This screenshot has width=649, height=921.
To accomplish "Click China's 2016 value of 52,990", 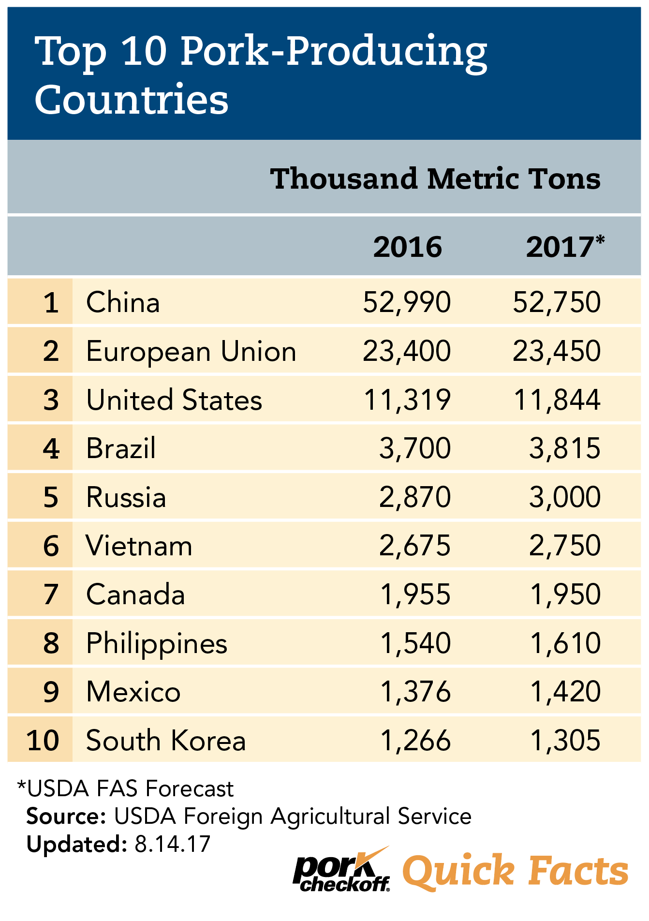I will pyautogui.click(x=407, y=302).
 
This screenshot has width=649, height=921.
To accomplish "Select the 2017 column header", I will pyautogui.click(x=564, y=247).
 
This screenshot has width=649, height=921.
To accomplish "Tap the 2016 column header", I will pyautogui.click(x=407, y=247).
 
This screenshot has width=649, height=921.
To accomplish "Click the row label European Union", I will pyautogui.click(x=191, y=351).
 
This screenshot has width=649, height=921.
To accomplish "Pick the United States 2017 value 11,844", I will pyautogui.click(x=557, y=400).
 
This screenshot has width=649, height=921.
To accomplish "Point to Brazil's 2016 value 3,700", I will pyautogui.click(x=415, y=448).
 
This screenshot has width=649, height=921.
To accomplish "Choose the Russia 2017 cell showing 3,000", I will pyautogui.click(x=564, y=497).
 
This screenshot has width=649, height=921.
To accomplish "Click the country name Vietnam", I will pyautogui.click(x=139, y=546).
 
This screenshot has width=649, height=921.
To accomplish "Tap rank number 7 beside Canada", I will pyautogui.click(x=51, y=594).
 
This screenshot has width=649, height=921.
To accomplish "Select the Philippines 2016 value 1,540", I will pyautogui.click(x=415, y=643).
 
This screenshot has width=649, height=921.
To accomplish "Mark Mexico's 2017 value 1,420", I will pyautogui.click(x=565, y=692).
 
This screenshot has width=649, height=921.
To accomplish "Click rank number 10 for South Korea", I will pyautogui.click(x=43, y=741).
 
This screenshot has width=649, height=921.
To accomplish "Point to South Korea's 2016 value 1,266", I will pyautogui.click(x=415, y=741).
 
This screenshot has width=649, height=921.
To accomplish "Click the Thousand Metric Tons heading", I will pyautogui.click(x=435, y=178).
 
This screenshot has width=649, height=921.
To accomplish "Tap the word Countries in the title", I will pyautogui.click(x=132, y=99).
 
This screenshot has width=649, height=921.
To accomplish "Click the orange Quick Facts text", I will pyautogui.click(x=515, y=871).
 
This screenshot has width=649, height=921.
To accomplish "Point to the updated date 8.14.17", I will pyautogui.click(x=173, y=844).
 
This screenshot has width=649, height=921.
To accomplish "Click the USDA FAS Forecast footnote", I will pyautogui.click(x=126, y=789).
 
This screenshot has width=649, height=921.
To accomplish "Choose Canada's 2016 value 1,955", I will pyautogui.click(x=415, y=594).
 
